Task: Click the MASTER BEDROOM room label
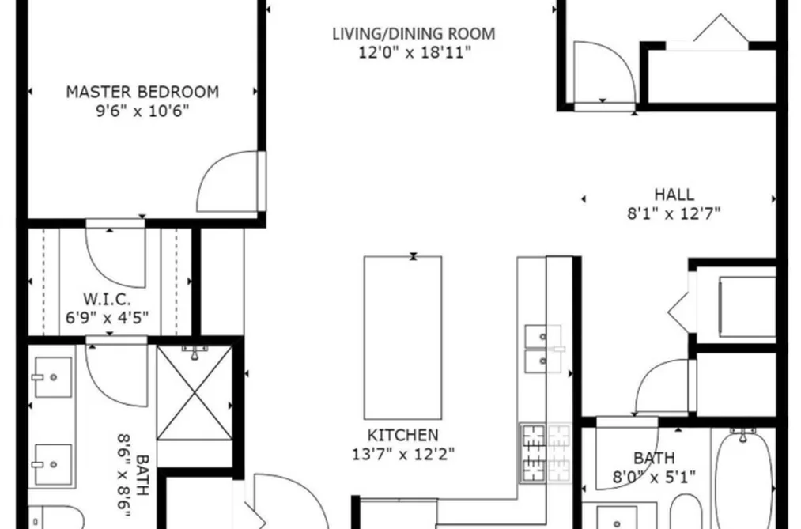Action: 142,92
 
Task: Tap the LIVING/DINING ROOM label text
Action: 414,34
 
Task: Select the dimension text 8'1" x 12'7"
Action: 674,213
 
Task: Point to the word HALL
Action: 674,195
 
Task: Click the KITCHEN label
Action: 403,435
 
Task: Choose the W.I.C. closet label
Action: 107,299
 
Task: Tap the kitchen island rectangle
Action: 402,338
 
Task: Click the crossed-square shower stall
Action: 194,393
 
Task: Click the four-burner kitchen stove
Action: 545,453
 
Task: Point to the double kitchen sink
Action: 543,350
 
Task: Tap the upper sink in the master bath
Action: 53,377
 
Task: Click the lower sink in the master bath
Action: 53,464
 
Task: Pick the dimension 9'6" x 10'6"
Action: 142,111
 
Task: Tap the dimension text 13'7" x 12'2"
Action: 403,454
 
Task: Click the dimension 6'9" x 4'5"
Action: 107,318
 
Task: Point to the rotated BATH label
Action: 142,475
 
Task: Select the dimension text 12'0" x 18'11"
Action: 414,53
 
